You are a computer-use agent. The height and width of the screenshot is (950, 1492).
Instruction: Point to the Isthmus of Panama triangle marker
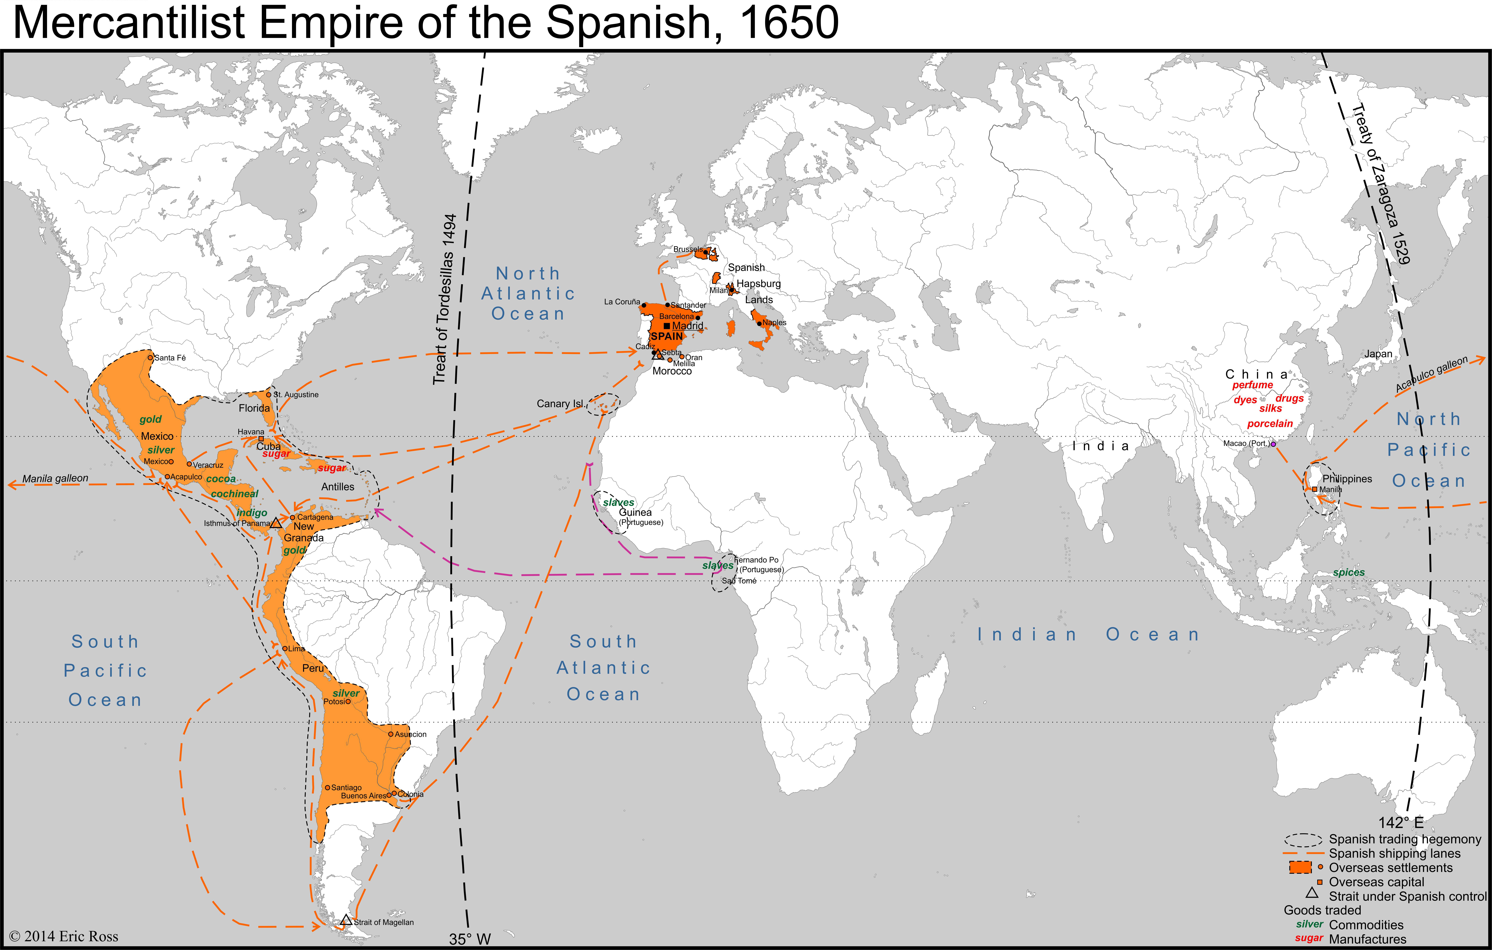[x=276, y=523]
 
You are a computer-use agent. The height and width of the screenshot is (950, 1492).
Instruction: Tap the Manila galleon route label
[x=55, y=479]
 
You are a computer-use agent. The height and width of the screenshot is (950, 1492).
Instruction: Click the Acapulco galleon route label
[x=1431, y=374]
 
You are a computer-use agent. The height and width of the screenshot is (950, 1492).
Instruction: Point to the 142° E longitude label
[x=1401, y=822]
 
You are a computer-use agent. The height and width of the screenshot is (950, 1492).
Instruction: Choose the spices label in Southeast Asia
[x=1349, y=572]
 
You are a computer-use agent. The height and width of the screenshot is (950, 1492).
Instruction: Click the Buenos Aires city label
[x=363, y=796]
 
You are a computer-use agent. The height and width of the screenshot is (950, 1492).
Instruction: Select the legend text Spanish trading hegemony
[x=1405, y=839]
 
